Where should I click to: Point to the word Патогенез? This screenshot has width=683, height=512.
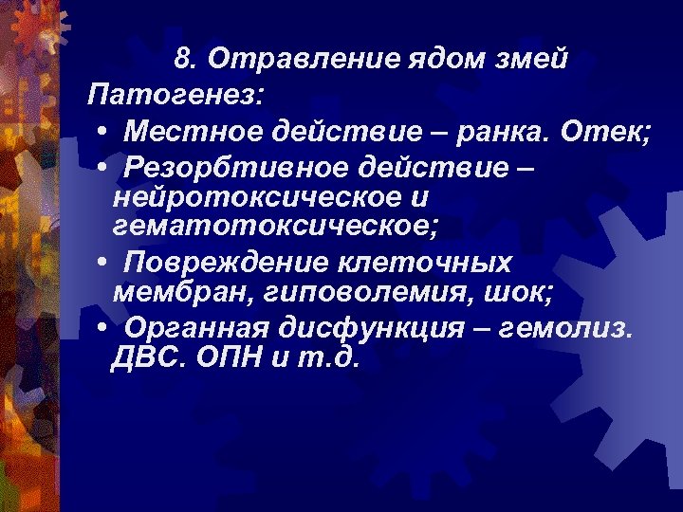176,95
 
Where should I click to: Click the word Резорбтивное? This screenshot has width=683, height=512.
226,167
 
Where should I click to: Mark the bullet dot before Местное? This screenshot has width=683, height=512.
101,130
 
